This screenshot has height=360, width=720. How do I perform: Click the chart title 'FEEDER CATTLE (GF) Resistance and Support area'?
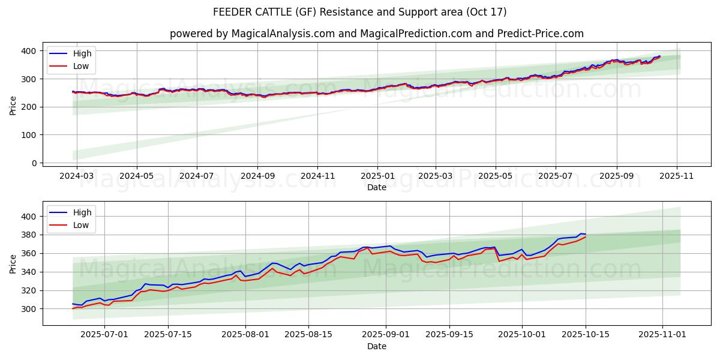click(x=360, y=12)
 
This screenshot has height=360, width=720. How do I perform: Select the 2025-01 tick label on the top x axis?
click(x=377, y=176)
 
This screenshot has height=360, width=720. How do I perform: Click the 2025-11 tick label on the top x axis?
click(x=677, y=176)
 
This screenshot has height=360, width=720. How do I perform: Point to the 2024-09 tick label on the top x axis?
click(x=257, y=176)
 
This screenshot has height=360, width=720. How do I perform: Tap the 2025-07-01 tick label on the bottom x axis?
click(x=104, y=335)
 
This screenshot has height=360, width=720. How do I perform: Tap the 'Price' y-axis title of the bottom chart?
click(x=13, y=263)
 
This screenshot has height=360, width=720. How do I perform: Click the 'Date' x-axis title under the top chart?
click(x=377, y=188)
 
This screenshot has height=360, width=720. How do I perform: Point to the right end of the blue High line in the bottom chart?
click(x=586, y=234)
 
